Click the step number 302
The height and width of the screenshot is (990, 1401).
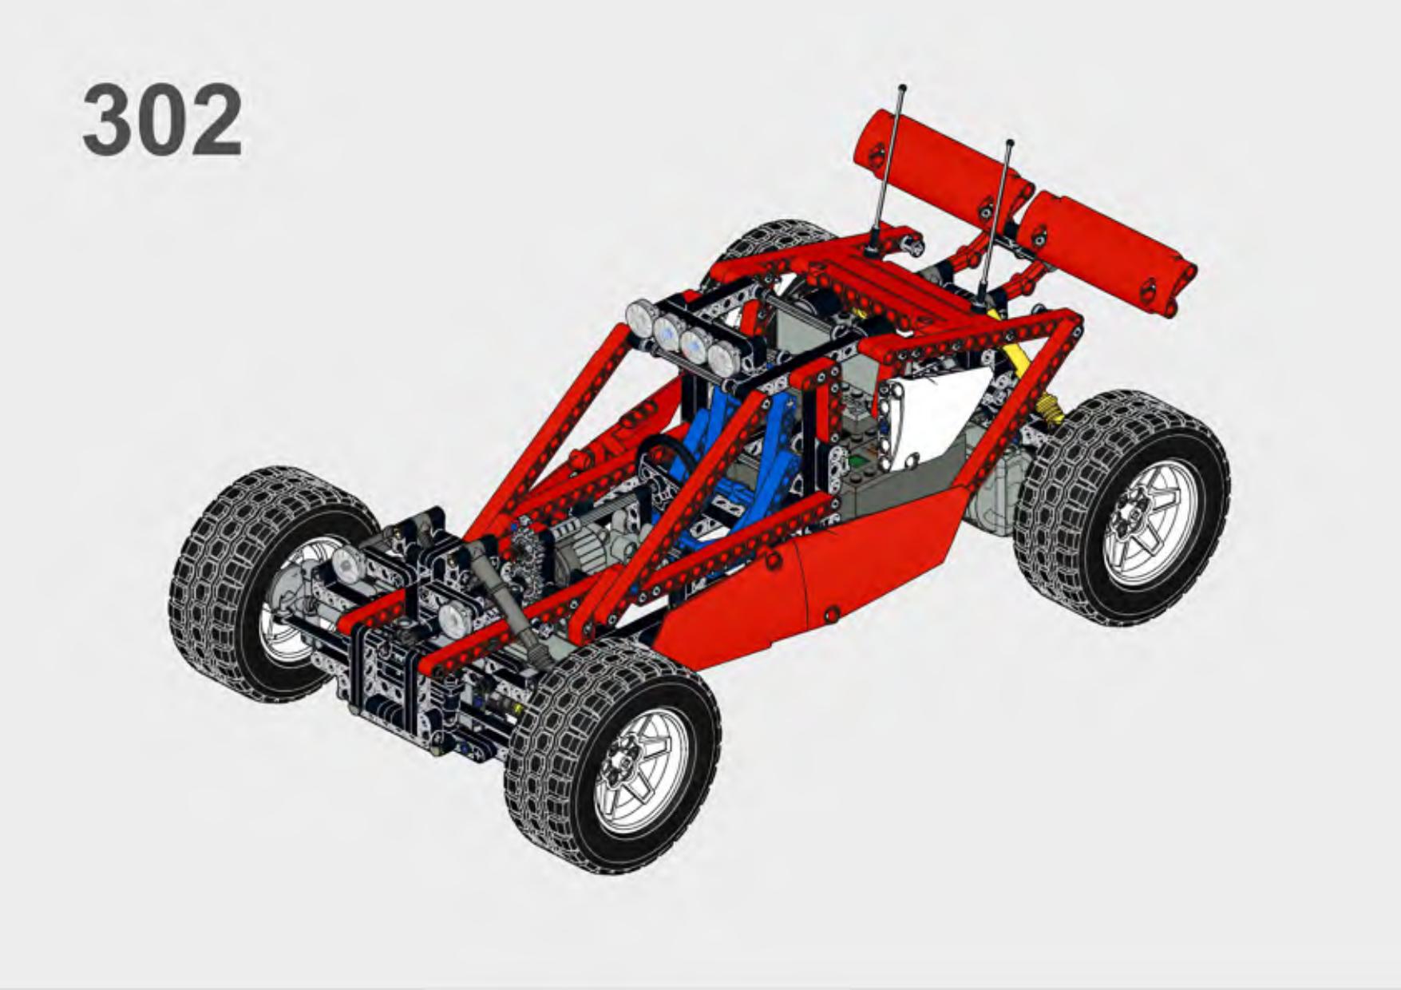pyautogui.click(x=163, y=121)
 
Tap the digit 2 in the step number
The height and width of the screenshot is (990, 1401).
pyautogui.click(x=217, y=121)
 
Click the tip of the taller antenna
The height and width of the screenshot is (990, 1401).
pyautogui.click(x=902, y=86)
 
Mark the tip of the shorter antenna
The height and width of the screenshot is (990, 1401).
pyautogui.click(x=1011, y=142)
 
